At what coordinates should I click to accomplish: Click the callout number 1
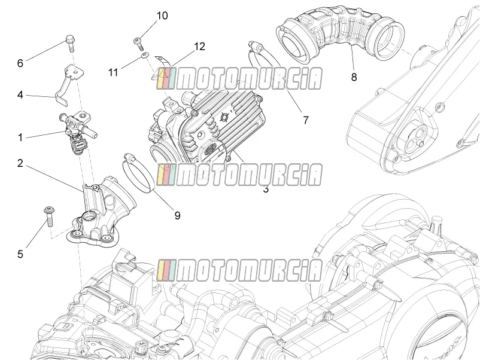pyautogui.click(x=20, y=138)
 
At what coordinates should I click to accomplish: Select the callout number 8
pyautogui.click(x=354, y=77)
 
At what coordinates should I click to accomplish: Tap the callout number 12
pyautogui.click(x=199, y=47)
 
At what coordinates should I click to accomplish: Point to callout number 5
pyautogui.click(x=20, y=254)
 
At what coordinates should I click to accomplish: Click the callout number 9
pyautogui.click(x=178, y=216)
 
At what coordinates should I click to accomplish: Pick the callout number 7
pyautogui.click(x=305, y=120)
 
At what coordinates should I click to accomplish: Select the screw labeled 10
pyautogui.click(x=138, y=43)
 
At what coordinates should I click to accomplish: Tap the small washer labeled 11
pyautogui.click(x=145, y=55)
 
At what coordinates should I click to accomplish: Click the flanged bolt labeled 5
pyautogui.click(x=49, y=216)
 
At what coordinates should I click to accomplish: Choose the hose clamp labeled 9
pyautogui.click(x=138, y=174)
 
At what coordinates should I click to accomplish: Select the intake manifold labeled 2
pyautogui.click(x=99, y=211)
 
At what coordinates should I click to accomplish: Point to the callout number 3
pyautogui.click(x=266, y=189)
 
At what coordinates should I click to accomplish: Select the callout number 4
pyautogui.click(x=20, y=95)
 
